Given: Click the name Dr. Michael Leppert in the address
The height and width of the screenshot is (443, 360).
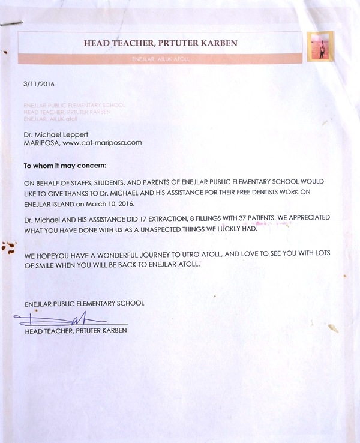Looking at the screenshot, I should [52, 135].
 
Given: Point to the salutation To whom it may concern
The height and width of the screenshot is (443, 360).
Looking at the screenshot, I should [64, 166].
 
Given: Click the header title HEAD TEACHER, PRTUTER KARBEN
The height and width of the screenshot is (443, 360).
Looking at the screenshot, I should [160, 43].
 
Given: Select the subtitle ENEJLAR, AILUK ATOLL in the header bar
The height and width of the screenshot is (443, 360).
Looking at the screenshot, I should [160, 58].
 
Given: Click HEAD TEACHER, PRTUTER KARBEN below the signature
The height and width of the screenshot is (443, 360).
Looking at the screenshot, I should [76, 331].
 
